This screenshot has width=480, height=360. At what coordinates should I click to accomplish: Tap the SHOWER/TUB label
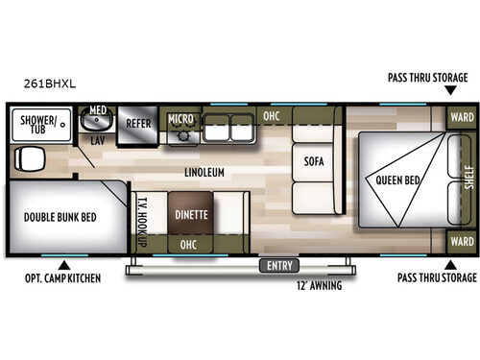(33, 124)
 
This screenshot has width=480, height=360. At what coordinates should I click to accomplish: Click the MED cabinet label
(97, 110)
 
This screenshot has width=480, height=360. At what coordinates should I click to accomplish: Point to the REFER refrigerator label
(137, 123)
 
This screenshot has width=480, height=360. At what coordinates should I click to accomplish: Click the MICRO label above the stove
(180, 119)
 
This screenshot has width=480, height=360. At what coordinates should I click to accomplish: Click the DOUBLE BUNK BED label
(62, 216)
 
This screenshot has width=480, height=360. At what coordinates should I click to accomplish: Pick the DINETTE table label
(191, 214)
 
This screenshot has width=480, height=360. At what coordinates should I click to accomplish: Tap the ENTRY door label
(278, 265)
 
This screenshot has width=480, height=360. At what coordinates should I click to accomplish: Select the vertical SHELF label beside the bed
(468, 180)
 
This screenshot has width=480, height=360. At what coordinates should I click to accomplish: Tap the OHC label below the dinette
(190, 245)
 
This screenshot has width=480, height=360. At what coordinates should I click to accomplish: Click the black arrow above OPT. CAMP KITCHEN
(64, 263)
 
